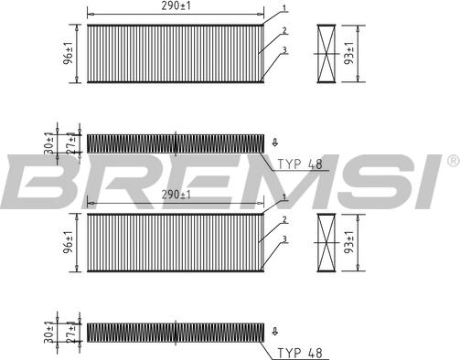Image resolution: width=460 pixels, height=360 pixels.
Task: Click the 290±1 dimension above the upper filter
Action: point(176,6)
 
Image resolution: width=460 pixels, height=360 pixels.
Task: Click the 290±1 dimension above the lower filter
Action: point(176,195)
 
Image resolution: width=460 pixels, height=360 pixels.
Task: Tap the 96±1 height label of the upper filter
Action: point(69,53)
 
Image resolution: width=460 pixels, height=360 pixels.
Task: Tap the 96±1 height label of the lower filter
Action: point(69,242)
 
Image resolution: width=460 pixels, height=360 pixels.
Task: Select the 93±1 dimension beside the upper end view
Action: point(349,53)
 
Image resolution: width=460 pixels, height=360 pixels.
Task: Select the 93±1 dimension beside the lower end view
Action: point(349,242)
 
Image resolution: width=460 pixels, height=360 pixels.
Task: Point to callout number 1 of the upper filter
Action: point(284,8)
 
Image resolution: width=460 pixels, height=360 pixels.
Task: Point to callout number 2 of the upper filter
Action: point(284,30)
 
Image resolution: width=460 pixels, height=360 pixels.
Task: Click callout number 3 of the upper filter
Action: point(284,50)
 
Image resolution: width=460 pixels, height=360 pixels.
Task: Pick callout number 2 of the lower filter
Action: point(284,219)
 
